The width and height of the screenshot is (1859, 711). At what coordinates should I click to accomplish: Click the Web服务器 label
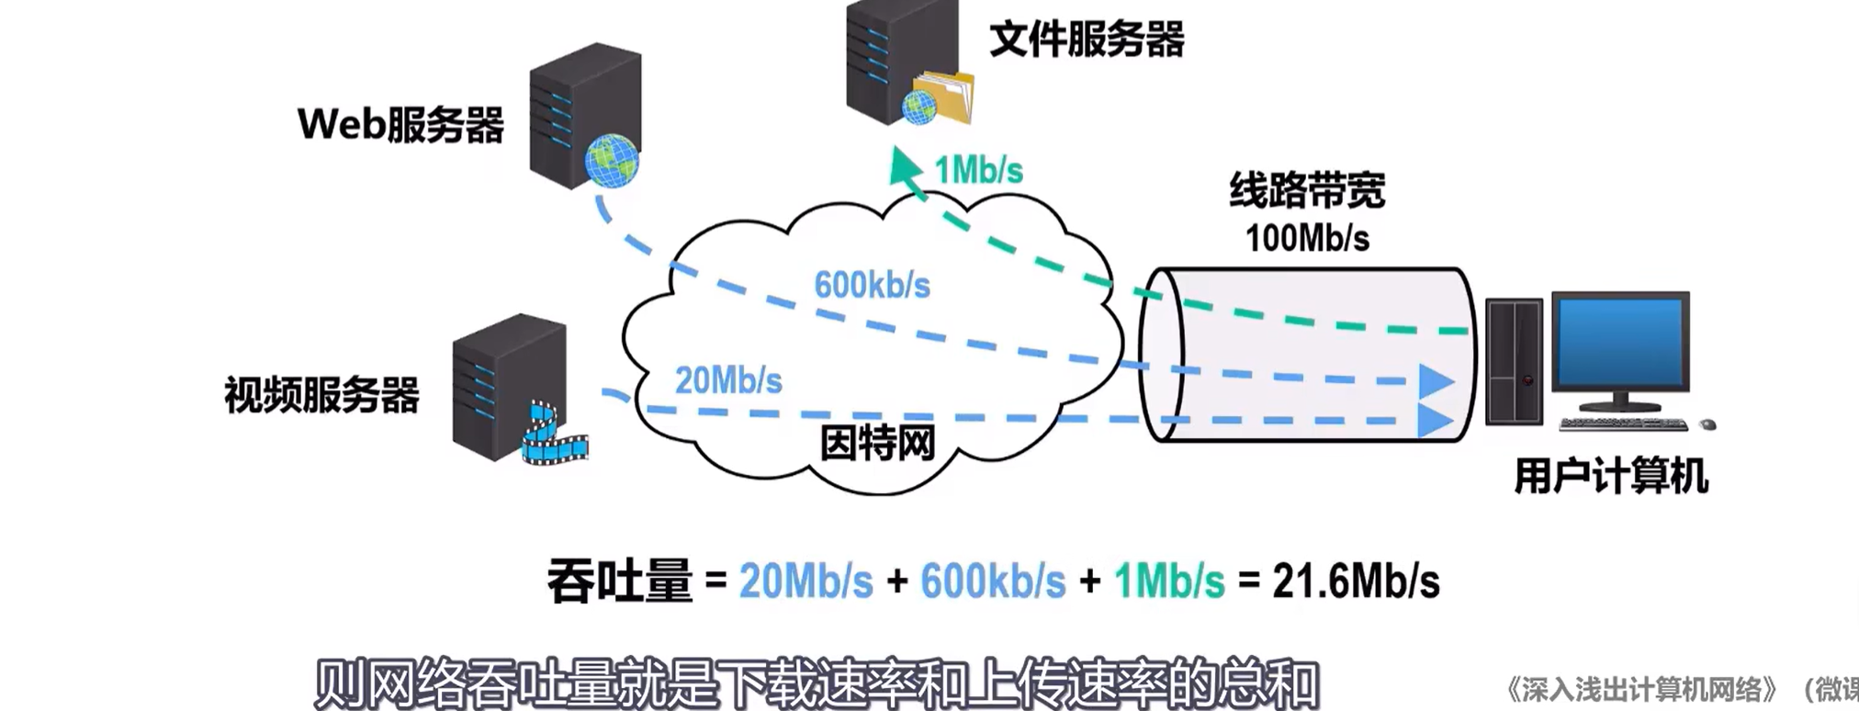coord(400,125)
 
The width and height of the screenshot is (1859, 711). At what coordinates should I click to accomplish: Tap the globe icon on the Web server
coord(611,161)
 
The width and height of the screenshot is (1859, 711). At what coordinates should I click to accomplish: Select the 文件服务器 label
coord(1087,39)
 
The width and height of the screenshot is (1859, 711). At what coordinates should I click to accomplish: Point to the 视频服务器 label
coord(321,395)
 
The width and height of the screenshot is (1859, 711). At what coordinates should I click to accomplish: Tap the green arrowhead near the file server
coord(905,168)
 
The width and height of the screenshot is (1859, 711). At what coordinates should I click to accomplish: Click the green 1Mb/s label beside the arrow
coord(978,171)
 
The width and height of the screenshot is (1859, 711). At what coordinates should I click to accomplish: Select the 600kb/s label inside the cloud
coord(872,286)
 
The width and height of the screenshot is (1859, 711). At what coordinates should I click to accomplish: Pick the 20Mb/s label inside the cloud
coord(728,380)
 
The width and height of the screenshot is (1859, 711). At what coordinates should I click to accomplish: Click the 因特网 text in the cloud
coord(877,444)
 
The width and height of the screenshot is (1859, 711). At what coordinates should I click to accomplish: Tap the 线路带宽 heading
coord(1307,191)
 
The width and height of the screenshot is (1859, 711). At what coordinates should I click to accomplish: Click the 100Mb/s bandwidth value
coord(1307,239)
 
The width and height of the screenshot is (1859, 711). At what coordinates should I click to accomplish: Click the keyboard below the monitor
coord(1623,424)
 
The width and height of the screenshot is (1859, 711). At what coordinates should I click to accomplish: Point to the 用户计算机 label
coord(1611,477)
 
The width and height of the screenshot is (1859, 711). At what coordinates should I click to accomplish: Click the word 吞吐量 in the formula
coord(619,581)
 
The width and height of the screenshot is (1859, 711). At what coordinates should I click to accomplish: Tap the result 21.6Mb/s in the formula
coord(1356,581)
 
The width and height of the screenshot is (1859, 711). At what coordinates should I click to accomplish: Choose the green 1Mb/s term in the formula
coord(1169,581)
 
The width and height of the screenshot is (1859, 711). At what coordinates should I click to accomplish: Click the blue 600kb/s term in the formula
coord(993,581)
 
